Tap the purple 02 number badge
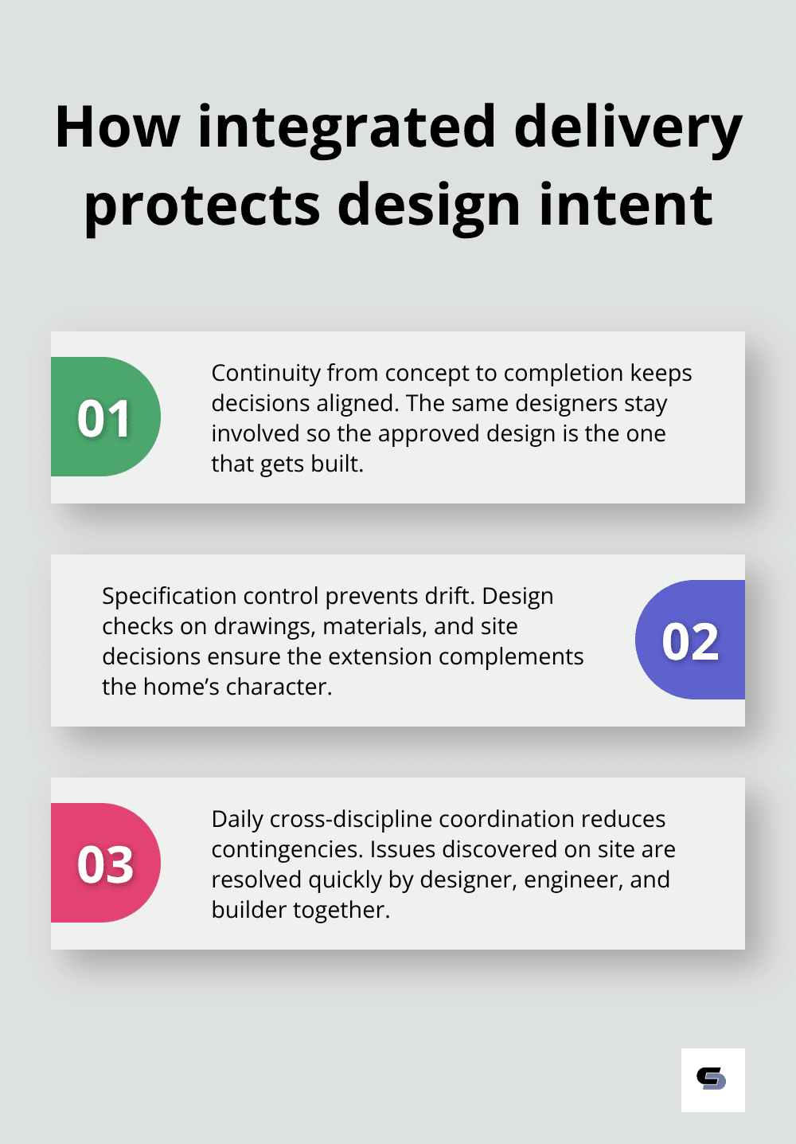click(690, 641)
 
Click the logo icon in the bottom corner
click(712, 1079)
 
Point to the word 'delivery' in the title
click(628, 127)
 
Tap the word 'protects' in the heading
click(202, 205)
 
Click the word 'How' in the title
click(118, 127)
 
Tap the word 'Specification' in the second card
click(169, 596)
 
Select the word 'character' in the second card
click(277, 687)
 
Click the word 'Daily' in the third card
click(237, 819)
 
